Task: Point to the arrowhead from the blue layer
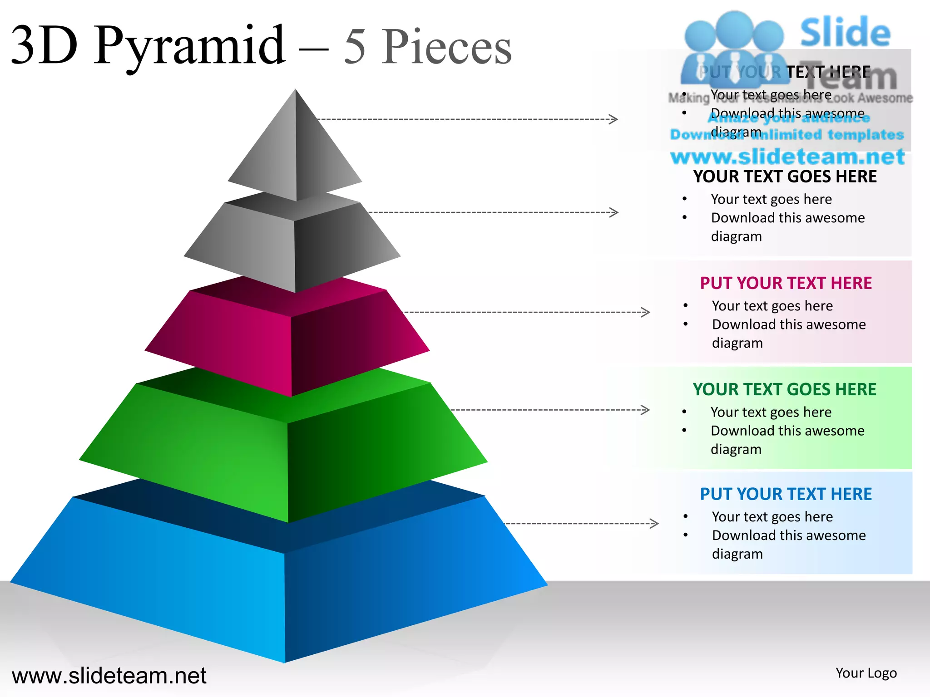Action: (654, 523)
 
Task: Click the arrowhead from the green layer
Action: (645, 410)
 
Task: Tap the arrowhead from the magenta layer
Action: (645, 312)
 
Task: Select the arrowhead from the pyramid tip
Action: (613, 119)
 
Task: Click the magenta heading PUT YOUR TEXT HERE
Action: (786, 283)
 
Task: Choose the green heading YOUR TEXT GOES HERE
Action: (784, 389)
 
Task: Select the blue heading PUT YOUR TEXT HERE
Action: (786, 494)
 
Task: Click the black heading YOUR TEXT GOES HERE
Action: (785, 177)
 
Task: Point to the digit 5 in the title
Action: (355, 46)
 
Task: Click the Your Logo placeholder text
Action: (866, 673)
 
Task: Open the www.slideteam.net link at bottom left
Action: (109, 676)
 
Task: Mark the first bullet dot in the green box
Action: (684, 412)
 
